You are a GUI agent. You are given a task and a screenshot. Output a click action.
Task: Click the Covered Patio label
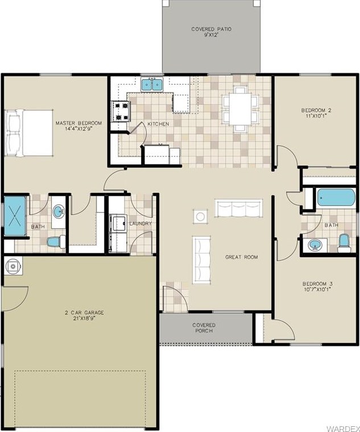tap(212, 32)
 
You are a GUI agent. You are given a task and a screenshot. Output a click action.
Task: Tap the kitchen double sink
tap(152, 84)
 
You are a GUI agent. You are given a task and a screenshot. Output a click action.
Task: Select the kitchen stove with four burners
tap(121, 112)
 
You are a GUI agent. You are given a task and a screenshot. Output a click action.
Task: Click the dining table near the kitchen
tap(240, 109)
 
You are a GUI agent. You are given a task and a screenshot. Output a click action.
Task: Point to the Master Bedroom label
tap(78, 126)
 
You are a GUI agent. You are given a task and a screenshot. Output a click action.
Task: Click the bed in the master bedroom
tap(29, 133)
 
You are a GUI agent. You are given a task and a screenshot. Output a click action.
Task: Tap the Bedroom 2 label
tap(316, 113)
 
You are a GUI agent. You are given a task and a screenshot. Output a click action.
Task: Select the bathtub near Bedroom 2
tap(336, 198)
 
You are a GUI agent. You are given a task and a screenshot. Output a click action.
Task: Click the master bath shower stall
tap(15, 216)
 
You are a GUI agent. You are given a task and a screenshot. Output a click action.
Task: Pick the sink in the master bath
tap(59, 212)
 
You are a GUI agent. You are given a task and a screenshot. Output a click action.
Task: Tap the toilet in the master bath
tap(56, 242)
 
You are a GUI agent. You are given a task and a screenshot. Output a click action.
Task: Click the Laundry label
tap(140, 224)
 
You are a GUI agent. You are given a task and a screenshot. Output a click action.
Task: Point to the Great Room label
tap(242, 257)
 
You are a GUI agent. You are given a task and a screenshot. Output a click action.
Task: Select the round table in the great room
tap(200, 216)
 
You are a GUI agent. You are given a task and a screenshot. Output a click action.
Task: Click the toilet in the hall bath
tap(344, 242)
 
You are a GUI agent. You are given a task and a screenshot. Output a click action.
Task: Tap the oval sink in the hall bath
tap(315, 245)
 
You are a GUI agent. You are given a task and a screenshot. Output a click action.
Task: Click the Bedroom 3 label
tap(317, 286)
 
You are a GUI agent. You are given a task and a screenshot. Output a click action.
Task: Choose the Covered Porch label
tap(204, 328)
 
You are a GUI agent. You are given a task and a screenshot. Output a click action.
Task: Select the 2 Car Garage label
tap(84, 315)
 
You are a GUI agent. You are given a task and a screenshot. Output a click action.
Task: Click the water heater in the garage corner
tap(13, 266)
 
